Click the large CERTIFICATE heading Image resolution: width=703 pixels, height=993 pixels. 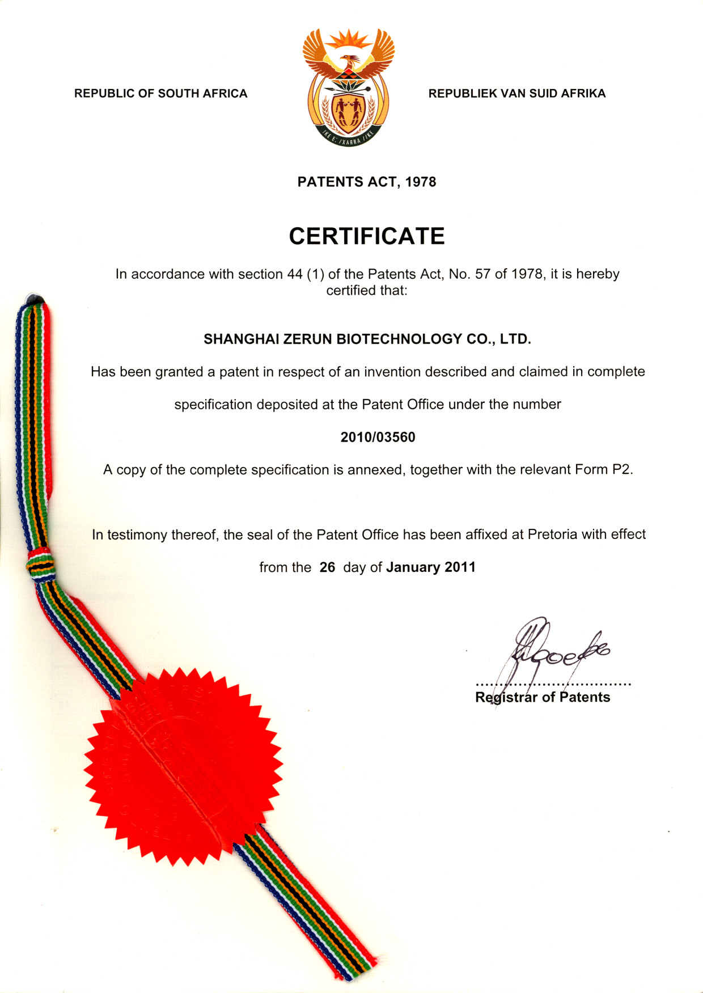coord(367,236)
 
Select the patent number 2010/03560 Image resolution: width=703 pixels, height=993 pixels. coord(378,437)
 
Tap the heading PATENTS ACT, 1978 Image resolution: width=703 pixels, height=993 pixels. coord(367,182)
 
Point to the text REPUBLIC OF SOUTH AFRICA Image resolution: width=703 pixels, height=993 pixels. coord(160,94)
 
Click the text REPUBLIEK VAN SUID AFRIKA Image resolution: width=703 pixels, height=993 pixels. coord(516,94)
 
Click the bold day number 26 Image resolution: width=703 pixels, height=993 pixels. coord(327,567)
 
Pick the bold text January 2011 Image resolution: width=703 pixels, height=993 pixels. coord(431,567)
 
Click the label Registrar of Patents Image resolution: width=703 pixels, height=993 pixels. coord(543,697)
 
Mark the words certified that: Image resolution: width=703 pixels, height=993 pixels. coord(367,291)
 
